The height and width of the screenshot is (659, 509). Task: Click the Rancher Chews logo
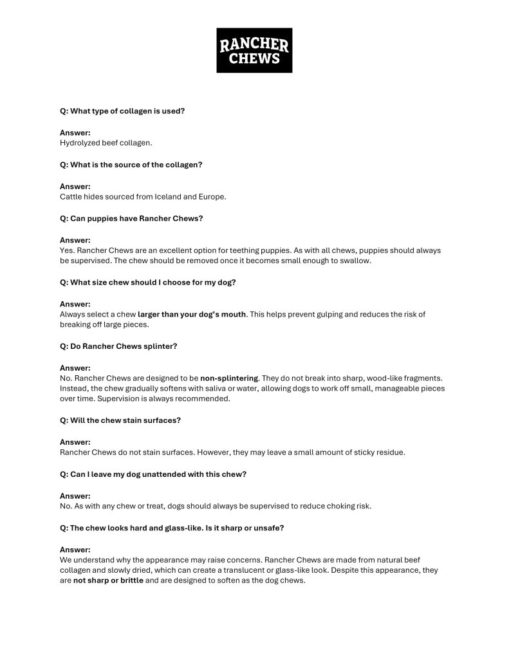254,50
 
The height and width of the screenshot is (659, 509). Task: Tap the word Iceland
169,196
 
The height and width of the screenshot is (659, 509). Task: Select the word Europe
212,196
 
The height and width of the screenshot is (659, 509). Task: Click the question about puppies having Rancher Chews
131,218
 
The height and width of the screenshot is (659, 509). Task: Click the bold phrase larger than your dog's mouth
192,315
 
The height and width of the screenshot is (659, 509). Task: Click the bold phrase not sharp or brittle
108,580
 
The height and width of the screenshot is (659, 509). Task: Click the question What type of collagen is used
122,111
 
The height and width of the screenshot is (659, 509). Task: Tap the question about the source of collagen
131,165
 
